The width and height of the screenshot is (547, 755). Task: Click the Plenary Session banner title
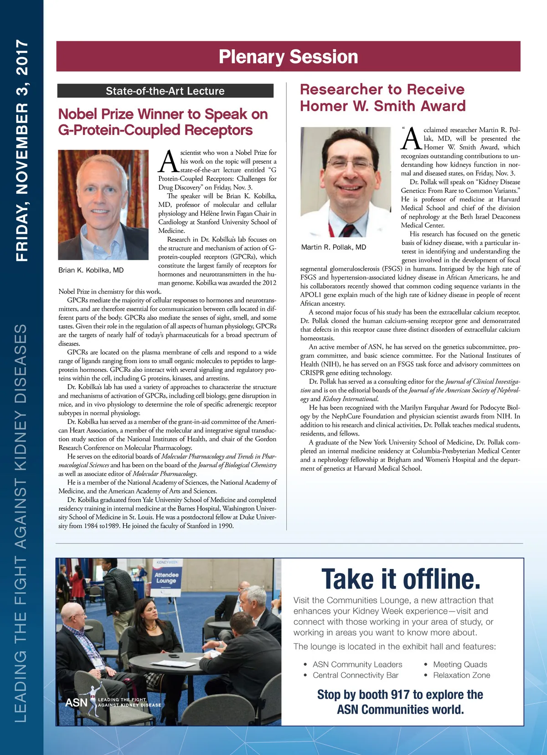pyautogui.click(x=288, y=56)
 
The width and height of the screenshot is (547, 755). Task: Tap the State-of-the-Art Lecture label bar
pyautogui.click(x=165, y=91)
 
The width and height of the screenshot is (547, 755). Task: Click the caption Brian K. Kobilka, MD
pyautogui.click(x=91, y=270)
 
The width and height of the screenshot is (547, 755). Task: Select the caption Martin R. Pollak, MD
pyautogui.click(x=334, y=247)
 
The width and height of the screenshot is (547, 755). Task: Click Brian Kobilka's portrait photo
pyautogui.click(x=103, y=205)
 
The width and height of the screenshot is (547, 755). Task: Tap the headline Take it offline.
pyautogui.click(x=401, y=579)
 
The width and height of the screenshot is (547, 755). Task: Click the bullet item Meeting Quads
pyautogui.click(x=460, y=664)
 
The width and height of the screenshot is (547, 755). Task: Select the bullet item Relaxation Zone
pyautogui.click(x=461, y=675)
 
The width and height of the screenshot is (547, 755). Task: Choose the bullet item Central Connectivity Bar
pyautogui.click(x=355, y=675)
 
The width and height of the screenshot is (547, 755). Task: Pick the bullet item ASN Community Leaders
pyautogui.click(x=357, y=664)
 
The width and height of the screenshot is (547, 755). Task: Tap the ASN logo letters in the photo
pyautogui.click(x=76, y=703)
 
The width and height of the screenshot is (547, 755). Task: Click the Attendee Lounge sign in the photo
pyautogui.click(x=166, y=578)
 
